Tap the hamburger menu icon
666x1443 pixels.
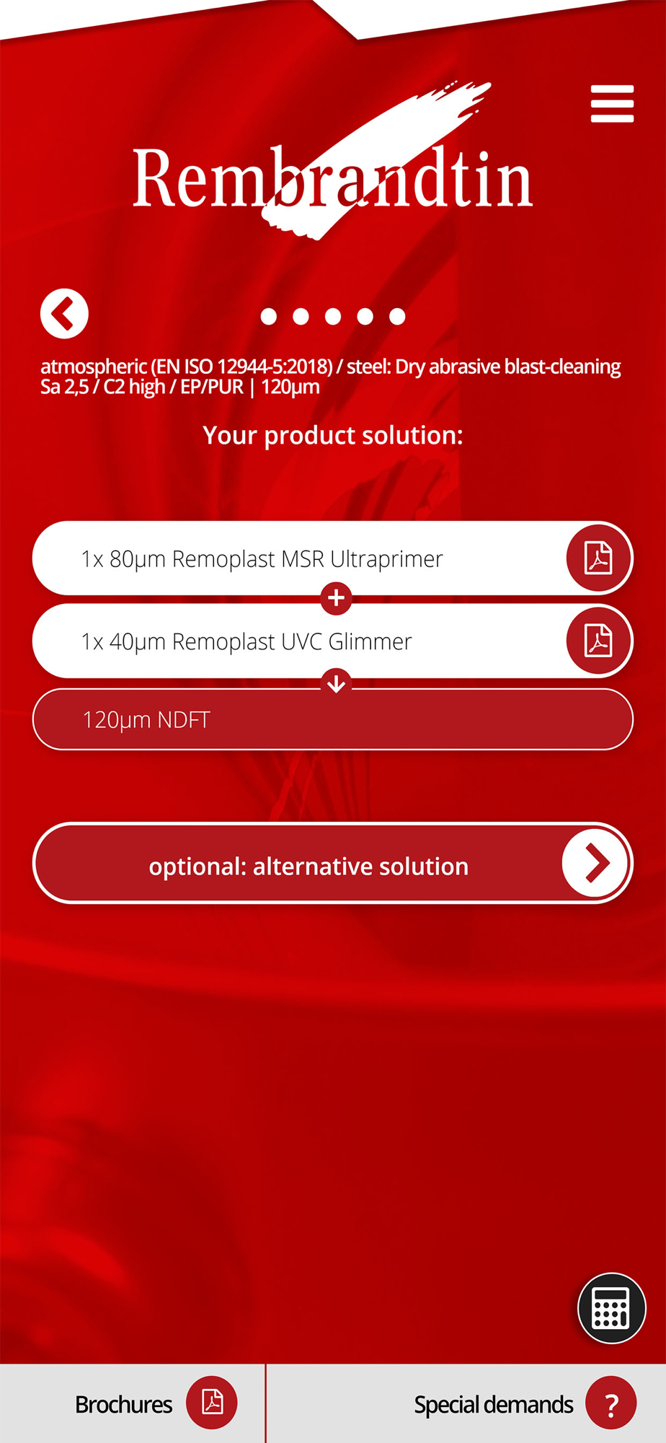tap(612, 104)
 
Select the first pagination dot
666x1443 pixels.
tap(269, 316)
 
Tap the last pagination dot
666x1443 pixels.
tap(397, 316)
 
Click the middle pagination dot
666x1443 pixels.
tap(333, 316)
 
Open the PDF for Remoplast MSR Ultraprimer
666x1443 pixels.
tap(598, 558)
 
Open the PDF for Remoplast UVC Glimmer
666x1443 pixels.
tap(598, 641)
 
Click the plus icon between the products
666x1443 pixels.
tap(336, 598)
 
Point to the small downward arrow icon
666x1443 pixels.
tap(336, 683)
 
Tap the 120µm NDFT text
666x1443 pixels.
tap(146, 720)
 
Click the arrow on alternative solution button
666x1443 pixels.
tap(595, 863)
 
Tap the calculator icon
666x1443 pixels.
tap(611, 1308)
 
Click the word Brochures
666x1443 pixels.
tap(123, 1405)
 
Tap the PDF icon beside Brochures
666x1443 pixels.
tap(212, 1402)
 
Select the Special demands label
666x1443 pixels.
tap(494, 1405)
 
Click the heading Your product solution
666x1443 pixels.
tap(333, 436)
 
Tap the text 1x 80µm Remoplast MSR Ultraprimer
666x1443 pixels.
tap(262, 559)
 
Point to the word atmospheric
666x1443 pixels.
tap(94, 367)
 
